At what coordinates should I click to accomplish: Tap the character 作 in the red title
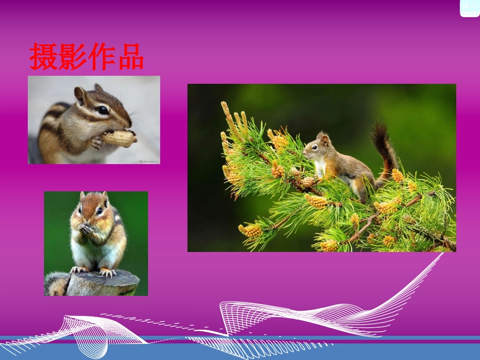[101, 57]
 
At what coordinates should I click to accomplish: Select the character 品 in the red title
[130, 57]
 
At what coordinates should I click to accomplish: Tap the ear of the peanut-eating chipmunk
[80, 94]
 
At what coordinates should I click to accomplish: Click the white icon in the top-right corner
[469, 8]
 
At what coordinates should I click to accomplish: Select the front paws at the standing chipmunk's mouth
[87, 230]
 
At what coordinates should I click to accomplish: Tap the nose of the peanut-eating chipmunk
[129, 123]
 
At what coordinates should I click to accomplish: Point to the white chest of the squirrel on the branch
[319, 168]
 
